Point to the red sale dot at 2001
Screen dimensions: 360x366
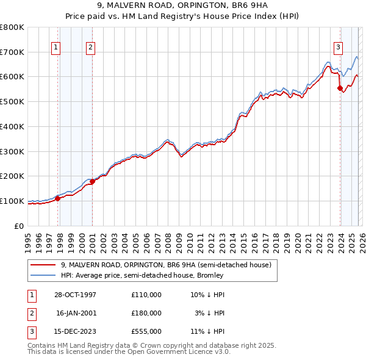[x=92, y=181]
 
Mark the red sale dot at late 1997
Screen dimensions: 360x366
[x=58, y=198]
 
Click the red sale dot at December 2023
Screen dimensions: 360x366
[x=340, y=88]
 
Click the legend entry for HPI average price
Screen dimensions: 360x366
[x=142, y=275]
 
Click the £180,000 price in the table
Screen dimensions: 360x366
[x=146, y=313]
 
